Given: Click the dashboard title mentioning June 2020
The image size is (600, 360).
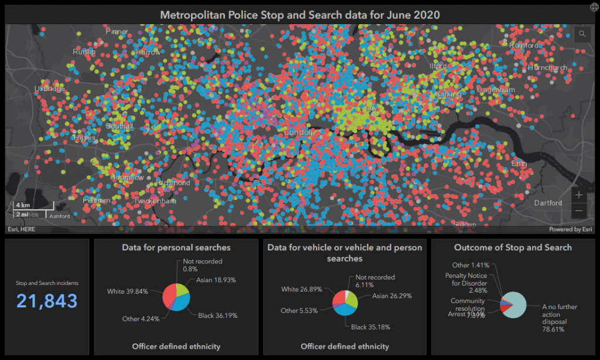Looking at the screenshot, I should pos(301,13).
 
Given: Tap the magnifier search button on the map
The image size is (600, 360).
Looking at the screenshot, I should pos(582,34).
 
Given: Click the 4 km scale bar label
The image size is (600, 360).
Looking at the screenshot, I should pos(23,205).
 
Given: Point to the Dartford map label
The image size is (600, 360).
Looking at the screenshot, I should pos(548,203).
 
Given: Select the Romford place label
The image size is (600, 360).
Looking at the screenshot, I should pos(523,46).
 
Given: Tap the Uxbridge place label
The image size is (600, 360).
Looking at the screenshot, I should pos(49,89).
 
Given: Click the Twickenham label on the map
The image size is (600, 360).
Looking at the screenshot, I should pos(155,201).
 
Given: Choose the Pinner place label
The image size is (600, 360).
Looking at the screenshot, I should pos(117,32).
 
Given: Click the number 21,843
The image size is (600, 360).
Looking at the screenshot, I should pos(47,301).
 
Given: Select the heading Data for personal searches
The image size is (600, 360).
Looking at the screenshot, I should pos(176,247).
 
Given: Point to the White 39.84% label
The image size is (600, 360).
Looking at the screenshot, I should pos(128,291).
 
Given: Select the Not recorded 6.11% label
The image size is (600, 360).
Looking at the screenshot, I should pos(375,281).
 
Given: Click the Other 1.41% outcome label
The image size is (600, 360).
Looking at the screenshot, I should pos(471,265).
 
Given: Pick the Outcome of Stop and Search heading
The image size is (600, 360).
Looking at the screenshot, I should pos(513,247).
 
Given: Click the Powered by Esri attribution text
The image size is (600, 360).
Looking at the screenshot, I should pos(571,229).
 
